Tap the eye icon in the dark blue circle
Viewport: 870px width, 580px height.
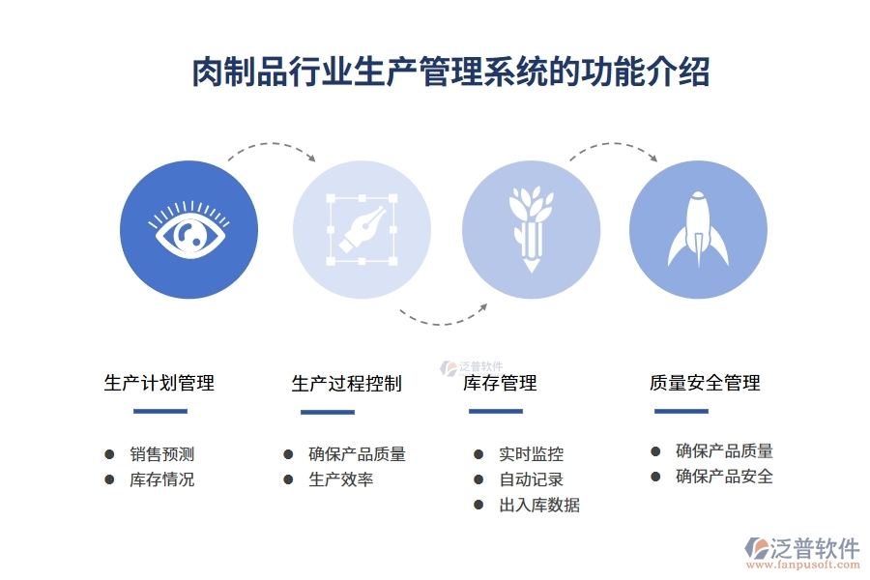188,230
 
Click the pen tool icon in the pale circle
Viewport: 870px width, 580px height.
362,229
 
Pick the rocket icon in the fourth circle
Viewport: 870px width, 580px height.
698,230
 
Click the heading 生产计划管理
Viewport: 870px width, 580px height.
159,383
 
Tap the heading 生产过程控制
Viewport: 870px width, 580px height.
346,384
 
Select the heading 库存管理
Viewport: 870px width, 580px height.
500,384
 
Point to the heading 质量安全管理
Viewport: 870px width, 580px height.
705,383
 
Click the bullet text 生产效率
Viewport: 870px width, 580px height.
341,479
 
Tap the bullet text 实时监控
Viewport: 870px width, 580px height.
532,454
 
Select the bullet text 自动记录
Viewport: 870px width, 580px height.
532,479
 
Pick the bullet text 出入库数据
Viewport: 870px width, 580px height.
539,505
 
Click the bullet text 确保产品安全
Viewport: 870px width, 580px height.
724,477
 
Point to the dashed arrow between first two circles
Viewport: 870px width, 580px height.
272,148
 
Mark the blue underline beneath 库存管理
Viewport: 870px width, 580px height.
496,411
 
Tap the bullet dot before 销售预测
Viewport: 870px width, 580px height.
109,454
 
